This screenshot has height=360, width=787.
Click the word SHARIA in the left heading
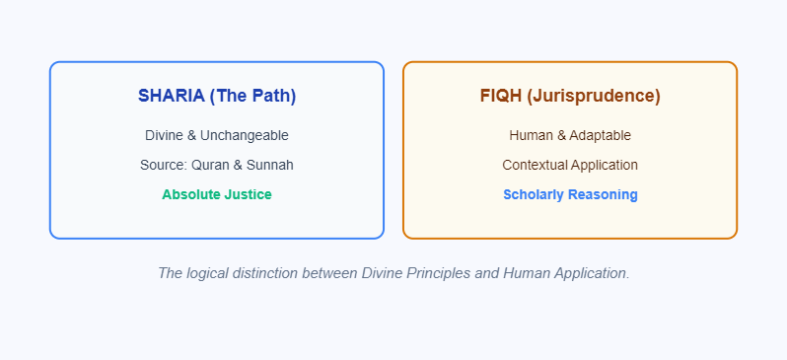171,96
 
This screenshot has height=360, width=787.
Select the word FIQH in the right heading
500,96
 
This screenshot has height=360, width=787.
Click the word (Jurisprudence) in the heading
593,96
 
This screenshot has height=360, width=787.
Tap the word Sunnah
271,165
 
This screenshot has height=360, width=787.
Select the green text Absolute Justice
217,194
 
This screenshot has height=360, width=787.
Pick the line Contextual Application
570,165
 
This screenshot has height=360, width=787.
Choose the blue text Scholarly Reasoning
570,194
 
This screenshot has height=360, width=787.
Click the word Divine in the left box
165,135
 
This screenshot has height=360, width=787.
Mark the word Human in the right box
530,135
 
